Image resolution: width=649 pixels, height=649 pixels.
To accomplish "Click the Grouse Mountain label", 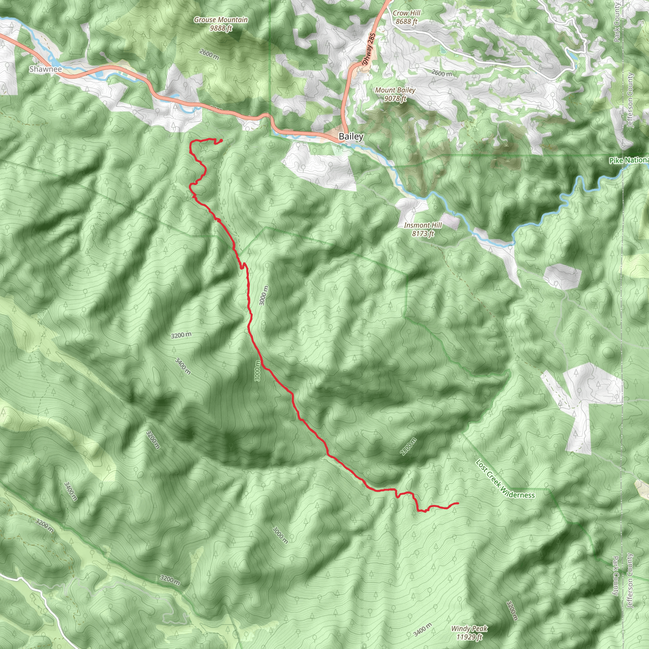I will click(x=221, y=20).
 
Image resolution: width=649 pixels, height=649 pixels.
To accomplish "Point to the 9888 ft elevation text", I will click(x=221, y=28).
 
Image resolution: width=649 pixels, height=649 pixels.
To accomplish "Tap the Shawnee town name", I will click(x=45, y=69).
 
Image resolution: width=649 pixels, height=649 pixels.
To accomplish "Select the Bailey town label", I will click(x=351, y=136).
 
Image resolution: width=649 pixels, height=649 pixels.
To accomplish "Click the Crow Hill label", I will click(x=407, y=13).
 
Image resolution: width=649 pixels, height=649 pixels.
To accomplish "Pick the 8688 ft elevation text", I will click(x=407, y=22).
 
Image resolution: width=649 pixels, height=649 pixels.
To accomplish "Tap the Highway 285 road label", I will click(x=369, y=51).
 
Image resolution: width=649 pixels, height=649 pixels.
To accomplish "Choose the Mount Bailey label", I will click(x=395, y=90).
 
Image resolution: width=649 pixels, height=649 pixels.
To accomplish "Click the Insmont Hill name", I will click(x=423, y=225).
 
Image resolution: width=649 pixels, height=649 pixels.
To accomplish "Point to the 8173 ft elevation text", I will click(x=423, y=234).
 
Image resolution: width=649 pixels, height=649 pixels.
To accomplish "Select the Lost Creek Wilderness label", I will click(x=505, y=479).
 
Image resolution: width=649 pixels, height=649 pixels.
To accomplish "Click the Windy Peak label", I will click(x=469, y=628).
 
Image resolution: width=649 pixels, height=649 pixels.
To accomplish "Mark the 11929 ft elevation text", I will click(x=469, y=637).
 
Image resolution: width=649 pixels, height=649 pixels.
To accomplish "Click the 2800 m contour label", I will click(x=408, y=447).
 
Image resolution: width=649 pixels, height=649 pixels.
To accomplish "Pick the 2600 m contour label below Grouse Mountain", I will click(x=209, y=55).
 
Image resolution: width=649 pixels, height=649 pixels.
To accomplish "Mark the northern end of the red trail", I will click(x=222, y=140).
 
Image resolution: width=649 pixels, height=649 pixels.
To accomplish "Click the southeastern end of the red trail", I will click(x=458, y=503).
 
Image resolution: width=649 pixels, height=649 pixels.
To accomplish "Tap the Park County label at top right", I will click(x=617, y=23).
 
